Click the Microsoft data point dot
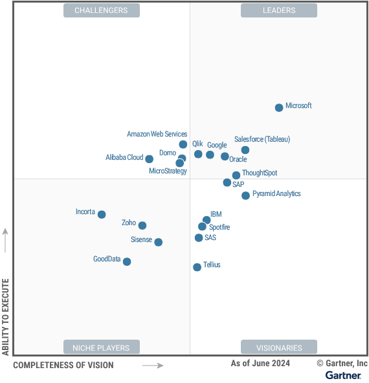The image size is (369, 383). [x=279, y=107]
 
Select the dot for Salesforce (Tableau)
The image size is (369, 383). [x=245, y=150]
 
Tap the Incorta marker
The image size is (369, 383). [x=102, y=215]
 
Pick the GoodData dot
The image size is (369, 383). [x=127, y=262]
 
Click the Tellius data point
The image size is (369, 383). [x=197, y=267]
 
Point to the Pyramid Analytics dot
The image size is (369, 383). [x=245, y=195]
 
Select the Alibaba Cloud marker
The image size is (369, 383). [x=150, y=159]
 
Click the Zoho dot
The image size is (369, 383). [x=142, y=226]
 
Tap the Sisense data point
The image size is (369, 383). [x=158, y=242]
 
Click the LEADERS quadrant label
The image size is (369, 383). [x=279, y=10]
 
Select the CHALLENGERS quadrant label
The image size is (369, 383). [x=101, y=10]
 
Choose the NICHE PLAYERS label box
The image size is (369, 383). [x=101, y=347]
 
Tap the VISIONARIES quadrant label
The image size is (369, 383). [x=279, y=347]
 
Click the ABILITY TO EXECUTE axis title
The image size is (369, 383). [x=6, y=317]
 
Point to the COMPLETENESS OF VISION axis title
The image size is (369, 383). [x=63, y=366]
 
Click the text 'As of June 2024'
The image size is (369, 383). [x=260, y=364]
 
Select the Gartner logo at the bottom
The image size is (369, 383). [x=343, y=375]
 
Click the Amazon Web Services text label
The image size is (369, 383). [x=157, y=135]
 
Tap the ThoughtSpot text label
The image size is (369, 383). [x=260, y=173]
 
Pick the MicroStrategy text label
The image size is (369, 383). [x=168, y=171]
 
